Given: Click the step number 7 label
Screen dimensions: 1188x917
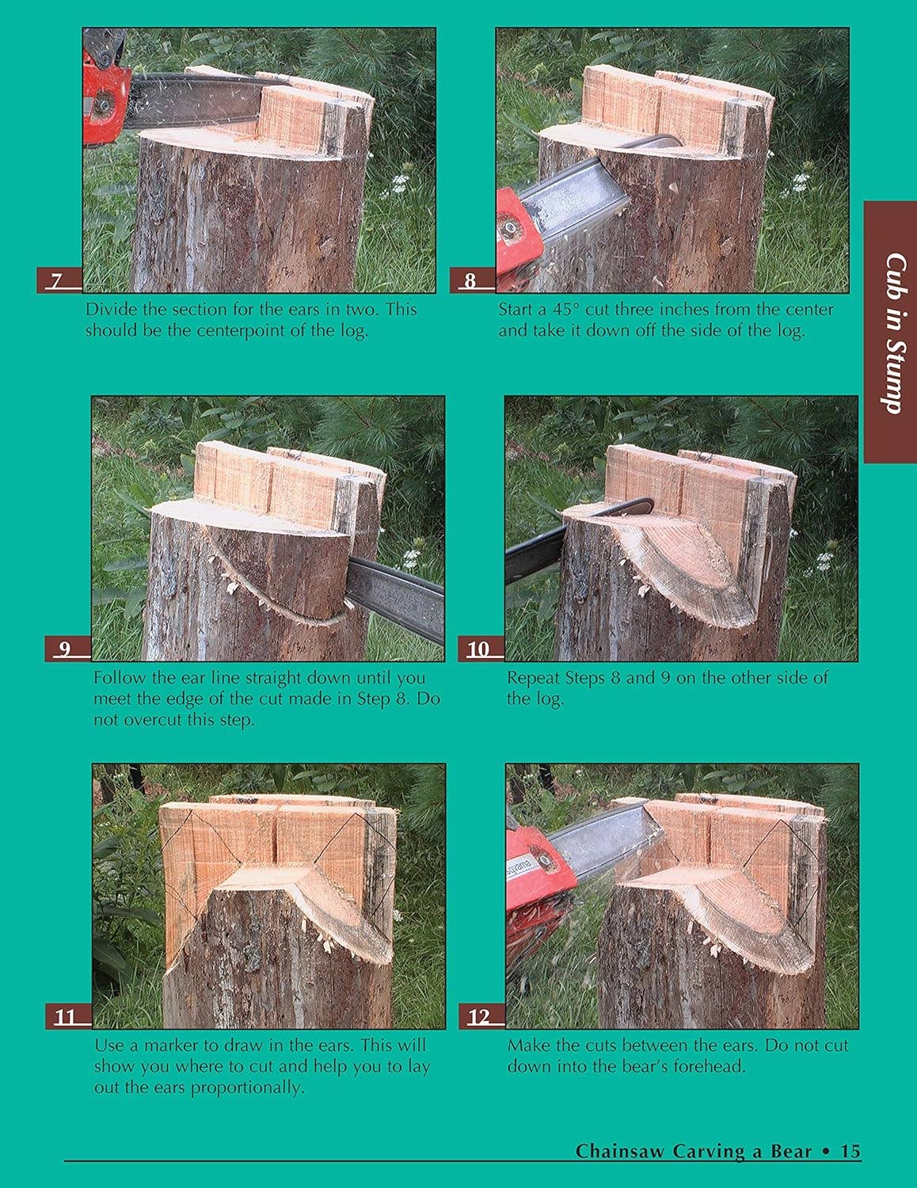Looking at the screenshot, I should (56, 281).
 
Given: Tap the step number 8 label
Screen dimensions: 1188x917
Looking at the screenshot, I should (470, 281).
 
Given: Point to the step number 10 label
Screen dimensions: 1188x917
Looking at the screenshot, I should (478, 649).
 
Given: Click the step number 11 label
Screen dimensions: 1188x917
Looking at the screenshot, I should (65, 1017).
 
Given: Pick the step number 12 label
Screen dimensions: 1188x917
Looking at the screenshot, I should (478, 1017).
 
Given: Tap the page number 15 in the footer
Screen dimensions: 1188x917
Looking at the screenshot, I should (850, 1151).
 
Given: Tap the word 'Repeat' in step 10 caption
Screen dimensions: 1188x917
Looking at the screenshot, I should (534, 678).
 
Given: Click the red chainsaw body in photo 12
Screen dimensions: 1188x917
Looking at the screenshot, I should (538, 895).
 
